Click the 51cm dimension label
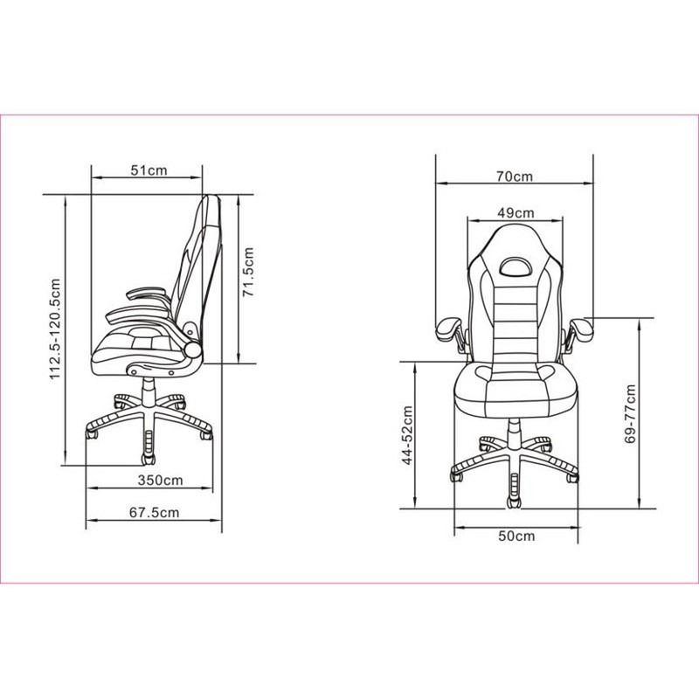click(149, 170)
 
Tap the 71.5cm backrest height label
click(248, 272)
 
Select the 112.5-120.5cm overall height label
click(55, 329)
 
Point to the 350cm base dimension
click(160, 480)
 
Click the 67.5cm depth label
click(155, 512)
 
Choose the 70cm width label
click(515, 176)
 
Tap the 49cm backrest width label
click(516, 212)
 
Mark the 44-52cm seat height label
click(407, 435)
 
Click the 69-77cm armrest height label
click(630, 414)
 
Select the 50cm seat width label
click(516, 536)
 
